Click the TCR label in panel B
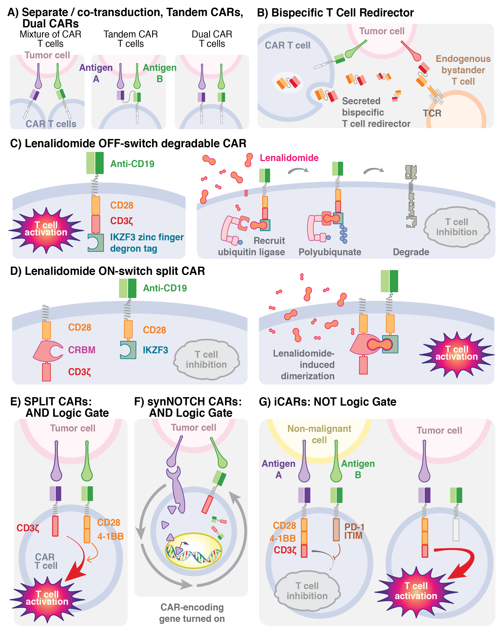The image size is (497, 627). point(432,113)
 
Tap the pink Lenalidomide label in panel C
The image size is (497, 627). point(289,158)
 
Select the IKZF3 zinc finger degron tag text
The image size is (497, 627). point(146,243)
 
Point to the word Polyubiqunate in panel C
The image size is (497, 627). point(330,252)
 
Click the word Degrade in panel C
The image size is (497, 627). point(411,252)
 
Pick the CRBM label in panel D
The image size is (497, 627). point(81,350)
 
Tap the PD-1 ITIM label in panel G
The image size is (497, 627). point(354,531)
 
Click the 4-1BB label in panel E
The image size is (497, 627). point(110,536)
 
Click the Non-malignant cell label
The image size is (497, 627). point(319,434)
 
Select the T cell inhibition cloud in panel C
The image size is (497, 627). point(456,227)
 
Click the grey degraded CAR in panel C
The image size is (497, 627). point(411,196)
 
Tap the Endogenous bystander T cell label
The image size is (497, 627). point(463,70)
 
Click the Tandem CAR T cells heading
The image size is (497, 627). point(130,39)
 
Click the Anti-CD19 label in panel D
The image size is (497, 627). point(165,288)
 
